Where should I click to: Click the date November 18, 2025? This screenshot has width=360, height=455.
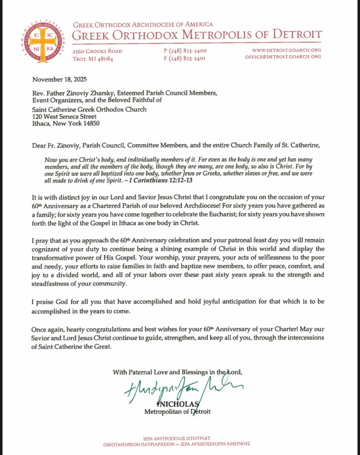(x=59, y=79)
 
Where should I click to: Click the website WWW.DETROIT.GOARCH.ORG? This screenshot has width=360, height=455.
(x=286, y=50)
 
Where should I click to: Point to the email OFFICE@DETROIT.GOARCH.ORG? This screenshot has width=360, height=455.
(x=283, y=57)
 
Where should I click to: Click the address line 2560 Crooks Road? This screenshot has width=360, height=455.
(x=97, y=51)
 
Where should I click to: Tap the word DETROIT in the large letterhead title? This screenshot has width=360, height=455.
(x=297, y=35)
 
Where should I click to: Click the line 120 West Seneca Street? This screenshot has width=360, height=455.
(x=64, y=117)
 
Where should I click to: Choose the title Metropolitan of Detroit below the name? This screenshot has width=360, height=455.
(x=177, y=412)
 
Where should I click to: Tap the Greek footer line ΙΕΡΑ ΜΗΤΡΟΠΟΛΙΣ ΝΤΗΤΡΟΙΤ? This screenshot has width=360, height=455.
(x=177, y=438)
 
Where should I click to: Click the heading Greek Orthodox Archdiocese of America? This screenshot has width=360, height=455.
(x=143, y=25)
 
